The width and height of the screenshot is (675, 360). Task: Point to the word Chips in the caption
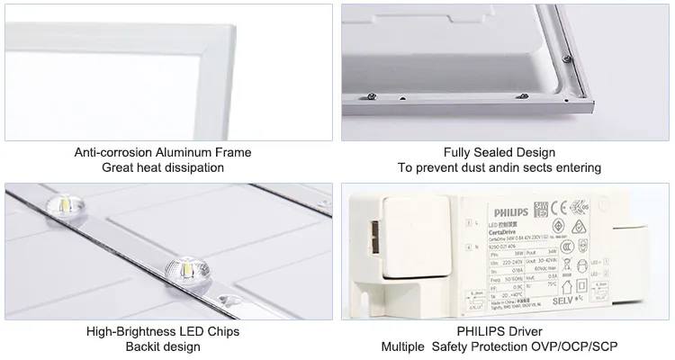coord(223,331)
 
